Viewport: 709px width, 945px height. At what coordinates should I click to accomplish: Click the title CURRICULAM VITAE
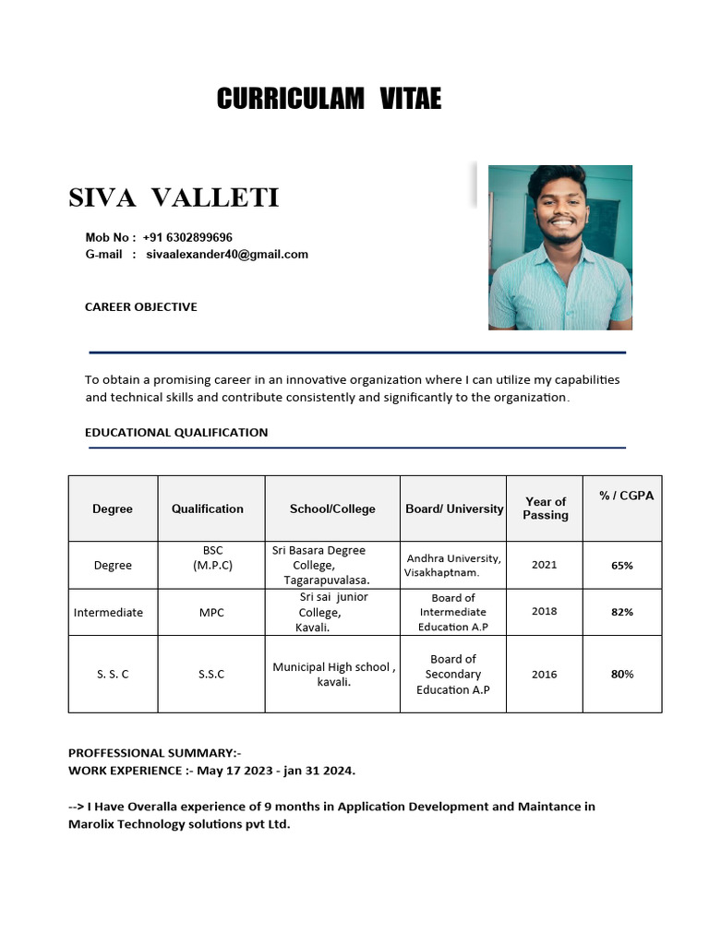(x=329, y=99)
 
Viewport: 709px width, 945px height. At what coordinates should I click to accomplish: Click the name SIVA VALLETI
(x=174, y=197)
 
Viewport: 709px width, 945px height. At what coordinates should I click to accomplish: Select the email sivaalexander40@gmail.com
(x=227, y=254)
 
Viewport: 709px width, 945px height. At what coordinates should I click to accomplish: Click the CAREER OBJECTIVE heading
(x=140, y=306)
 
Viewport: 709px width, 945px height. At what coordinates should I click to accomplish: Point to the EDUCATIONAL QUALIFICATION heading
(x=176, y=432)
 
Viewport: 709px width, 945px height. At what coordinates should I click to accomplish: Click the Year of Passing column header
(x=545, y=508)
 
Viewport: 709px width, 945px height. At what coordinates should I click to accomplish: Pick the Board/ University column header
(x=454, y=508)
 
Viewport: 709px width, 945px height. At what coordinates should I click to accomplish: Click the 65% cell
(x=621, y=565)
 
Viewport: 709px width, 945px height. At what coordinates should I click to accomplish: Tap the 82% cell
(x=621, y=612)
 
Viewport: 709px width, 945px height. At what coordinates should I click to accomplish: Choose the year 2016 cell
(x=545, y=674)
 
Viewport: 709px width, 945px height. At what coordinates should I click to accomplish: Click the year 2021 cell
(x=545, y=565)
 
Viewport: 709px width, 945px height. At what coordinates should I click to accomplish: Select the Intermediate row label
(x=108, y=613)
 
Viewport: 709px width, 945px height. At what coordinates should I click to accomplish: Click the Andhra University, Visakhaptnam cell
(x=453, y=565)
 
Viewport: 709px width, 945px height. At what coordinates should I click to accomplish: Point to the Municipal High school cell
(x=333, y=675)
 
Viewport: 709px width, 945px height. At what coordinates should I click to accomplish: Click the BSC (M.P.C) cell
(x=212, y=557)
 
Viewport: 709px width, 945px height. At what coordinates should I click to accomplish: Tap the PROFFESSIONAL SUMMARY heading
(x=154, y=752)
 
